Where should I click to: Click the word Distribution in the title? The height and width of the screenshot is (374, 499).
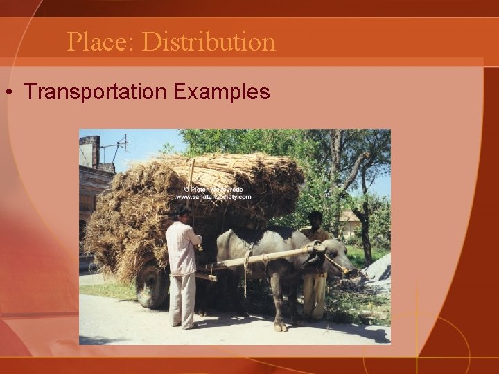209,42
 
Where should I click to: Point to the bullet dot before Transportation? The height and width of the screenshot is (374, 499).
10,92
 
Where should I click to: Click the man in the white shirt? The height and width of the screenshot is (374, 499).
183,263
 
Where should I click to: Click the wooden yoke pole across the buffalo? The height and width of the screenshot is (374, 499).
263,258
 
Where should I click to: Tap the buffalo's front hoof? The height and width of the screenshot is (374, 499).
279,326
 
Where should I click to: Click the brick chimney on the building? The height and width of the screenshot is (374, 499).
89,150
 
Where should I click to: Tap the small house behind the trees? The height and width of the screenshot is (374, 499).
350,223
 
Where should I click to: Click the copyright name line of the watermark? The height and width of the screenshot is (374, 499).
213,188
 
